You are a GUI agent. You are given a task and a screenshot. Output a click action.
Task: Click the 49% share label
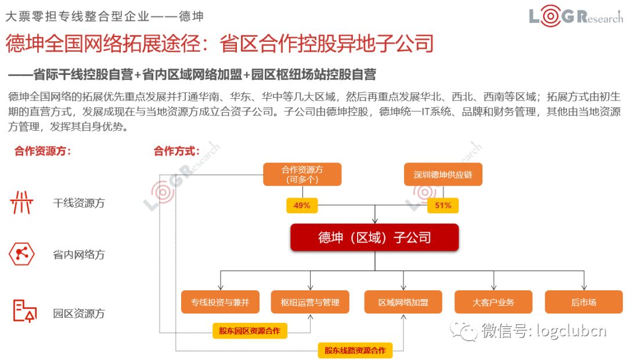click(x=302, y=205)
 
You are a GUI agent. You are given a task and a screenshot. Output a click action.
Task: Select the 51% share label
click(x=443, y=205)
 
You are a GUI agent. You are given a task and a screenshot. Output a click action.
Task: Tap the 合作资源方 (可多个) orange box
click(x=302, y=174)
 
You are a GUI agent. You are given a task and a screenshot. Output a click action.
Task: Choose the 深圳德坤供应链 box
click(x=443, y=174)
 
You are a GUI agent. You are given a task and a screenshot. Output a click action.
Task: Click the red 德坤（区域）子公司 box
click(x=374, y=237)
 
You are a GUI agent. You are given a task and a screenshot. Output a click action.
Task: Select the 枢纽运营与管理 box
click(x=310, y=302)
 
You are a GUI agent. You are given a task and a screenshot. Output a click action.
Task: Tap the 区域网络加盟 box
click(x=403, y=302)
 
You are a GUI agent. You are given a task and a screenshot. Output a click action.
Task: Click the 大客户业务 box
click(x=493, y=302)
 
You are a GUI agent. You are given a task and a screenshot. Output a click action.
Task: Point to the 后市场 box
click(x=583, y=302)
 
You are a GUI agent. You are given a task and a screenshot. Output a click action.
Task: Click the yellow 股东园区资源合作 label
click(x=249, y=331)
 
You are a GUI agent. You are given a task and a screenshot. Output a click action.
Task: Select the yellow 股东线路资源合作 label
click(x=355, y=350)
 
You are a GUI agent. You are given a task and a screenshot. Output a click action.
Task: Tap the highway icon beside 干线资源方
click(x=22, y=203)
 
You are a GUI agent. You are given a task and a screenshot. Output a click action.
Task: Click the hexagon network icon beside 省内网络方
click(x=22, y=254)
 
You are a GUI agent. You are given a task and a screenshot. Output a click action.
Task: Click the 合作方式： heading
click(x=176, y=152)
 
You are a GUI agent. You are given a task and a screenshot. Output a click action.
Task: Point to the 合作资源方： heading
click(x=43, y=152)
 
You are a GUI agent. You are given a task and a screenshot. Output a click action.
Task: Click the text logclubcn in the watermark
click(x=571, y=330)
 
